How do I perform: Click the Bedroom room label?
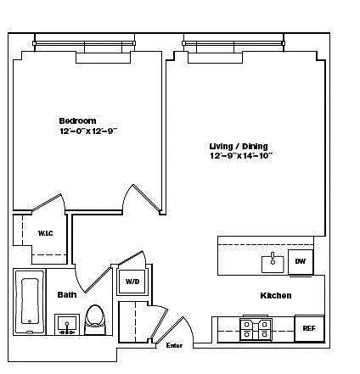pos(77,120)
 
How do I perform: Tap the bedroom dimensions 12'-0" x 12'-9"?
pos(88,131)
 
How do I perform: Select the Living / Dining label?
pos(239,146)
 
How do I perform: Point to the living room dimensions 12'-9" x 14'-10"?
pos(241,156)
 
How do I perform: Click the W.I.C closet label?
pos(46,233)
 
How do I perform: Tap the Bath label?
pos(67,295)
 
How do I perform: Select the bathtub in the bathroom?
pos(30,301)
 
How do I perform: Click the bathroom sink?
pos(67,324)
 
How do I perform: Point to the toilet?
pos(95,320)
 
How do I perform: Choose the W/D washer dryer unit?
pos(132,282)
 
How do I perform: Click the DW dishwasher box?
pos(301,261)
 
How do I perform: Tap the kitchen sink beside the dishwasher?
pos(273,264)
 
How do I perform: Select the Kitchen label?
pos(276,295)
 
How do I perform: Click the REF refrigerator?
pos(309,328)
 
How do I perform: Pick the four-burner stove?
pos(256,329)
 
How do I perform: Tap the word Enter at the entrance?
pos(174,345)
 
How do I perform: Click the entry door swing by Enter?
pos(171,331)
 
